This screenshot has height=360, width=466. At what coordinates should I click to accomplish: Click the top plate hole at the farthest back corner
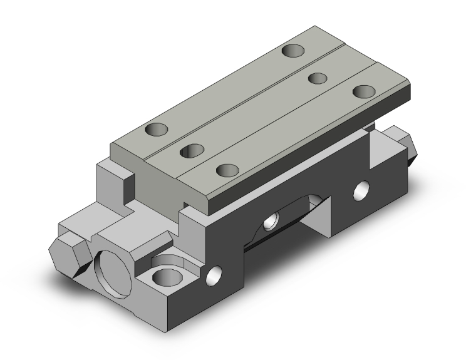pyautogui.click(x=293, y=51)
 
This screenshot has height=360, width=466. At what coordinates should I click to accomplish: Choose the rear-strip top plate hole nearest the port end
pyautogui.click(x=157, y=131)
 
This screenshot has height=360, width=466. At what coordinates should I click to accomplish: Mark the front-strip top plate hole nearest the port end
pyautogui.click(x=229, y=170)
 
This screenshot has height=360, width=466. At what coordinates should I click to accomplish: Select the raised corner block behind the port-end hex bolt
pyautogui.click(x=113, y=178)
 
